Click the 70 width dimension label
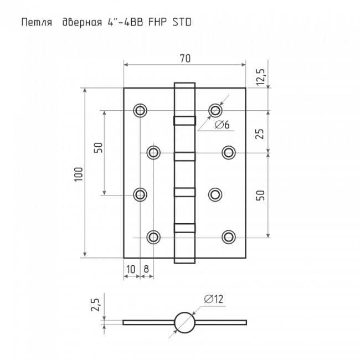[185, 59]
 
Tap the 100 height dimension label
[79, 174]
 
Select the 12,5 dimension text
[261, 77]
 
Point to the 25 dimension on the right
[260, 134]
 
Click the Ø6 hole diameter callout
[222, 125]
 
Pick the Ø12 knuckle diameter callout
[214, 299]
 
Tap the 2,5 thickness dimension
[95, 305]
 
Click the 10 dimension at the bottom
[131, 269]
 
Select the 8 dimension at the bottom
[146, 269]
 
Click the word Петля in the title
[37, 23]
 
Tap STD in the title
[182, 22]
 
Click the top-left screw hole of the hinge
[140, 110]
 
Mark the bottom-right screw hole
[229, 236]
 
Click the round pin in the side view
[184, 322]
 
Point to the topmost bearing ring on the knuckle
[184, 121]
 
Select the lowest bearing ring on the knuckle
[184, 228]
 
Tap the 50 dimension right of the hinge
[260, 196]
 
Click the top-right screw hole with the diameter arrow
[215, 110]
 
